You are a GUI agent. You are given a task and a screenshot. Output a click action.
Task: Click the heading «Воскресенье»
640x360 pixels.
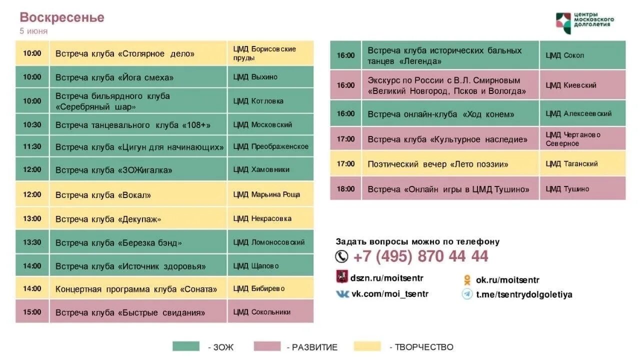click(62, 17)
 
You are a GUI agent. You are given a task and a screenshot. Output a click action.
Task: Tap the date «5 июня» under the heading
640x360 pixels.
click(33, 31)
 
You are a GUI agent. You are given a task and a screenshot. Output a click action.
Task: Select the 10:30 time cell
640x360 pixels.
click(32, 124)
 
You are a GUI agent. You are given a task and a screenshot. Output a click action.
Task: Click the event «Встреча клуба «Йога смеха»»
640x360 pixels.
click(114, 77)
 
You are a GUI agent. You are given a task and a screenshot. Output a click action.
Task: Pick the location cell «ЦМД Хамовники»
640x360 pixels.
click(261, 169)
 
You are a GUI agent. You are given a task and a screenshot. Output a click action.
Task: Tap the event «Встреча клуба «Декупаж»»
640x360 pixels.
click(108, 219)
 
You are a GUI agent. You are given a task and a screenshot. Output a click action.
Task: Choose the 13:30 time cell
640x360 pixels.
click(32, 242)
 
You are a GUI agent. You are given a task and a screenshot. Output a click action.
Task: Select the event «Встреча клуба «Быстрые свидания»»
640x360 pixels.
click(130, 313)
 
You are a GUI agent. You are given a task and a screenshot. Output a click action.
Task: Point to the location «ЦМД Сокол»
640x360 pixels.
click(564, 55)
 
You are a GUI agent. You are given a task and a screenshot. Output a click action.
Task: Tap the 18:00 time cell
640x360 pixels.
click(345, 189)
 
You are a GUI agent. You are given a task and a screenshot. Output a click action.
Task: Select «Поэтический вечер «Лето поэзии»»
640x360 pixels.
click(438, 164)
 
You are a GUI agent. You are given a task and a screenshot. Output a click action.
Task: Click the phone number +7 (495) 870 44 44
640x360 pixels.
click(420, 256)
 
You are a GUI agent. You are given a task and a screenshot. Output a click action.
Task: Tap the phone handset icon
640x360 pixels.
click(341, 256)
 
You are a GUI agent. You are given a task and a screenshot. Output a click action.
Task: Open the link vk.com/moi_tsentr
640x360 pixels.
click(389, 294)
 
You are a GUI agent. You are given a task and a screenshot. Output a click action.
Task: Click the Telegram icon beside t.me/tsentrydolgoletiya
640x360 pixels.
click(467, 294)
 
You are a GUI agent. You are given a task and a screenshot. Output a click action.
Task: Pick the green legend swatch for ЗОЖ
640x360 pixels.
click(186, 346)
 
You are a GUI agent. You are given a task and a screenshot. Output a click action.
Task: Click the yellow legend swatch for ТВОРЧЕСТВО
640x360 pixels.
click(367, 346)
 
